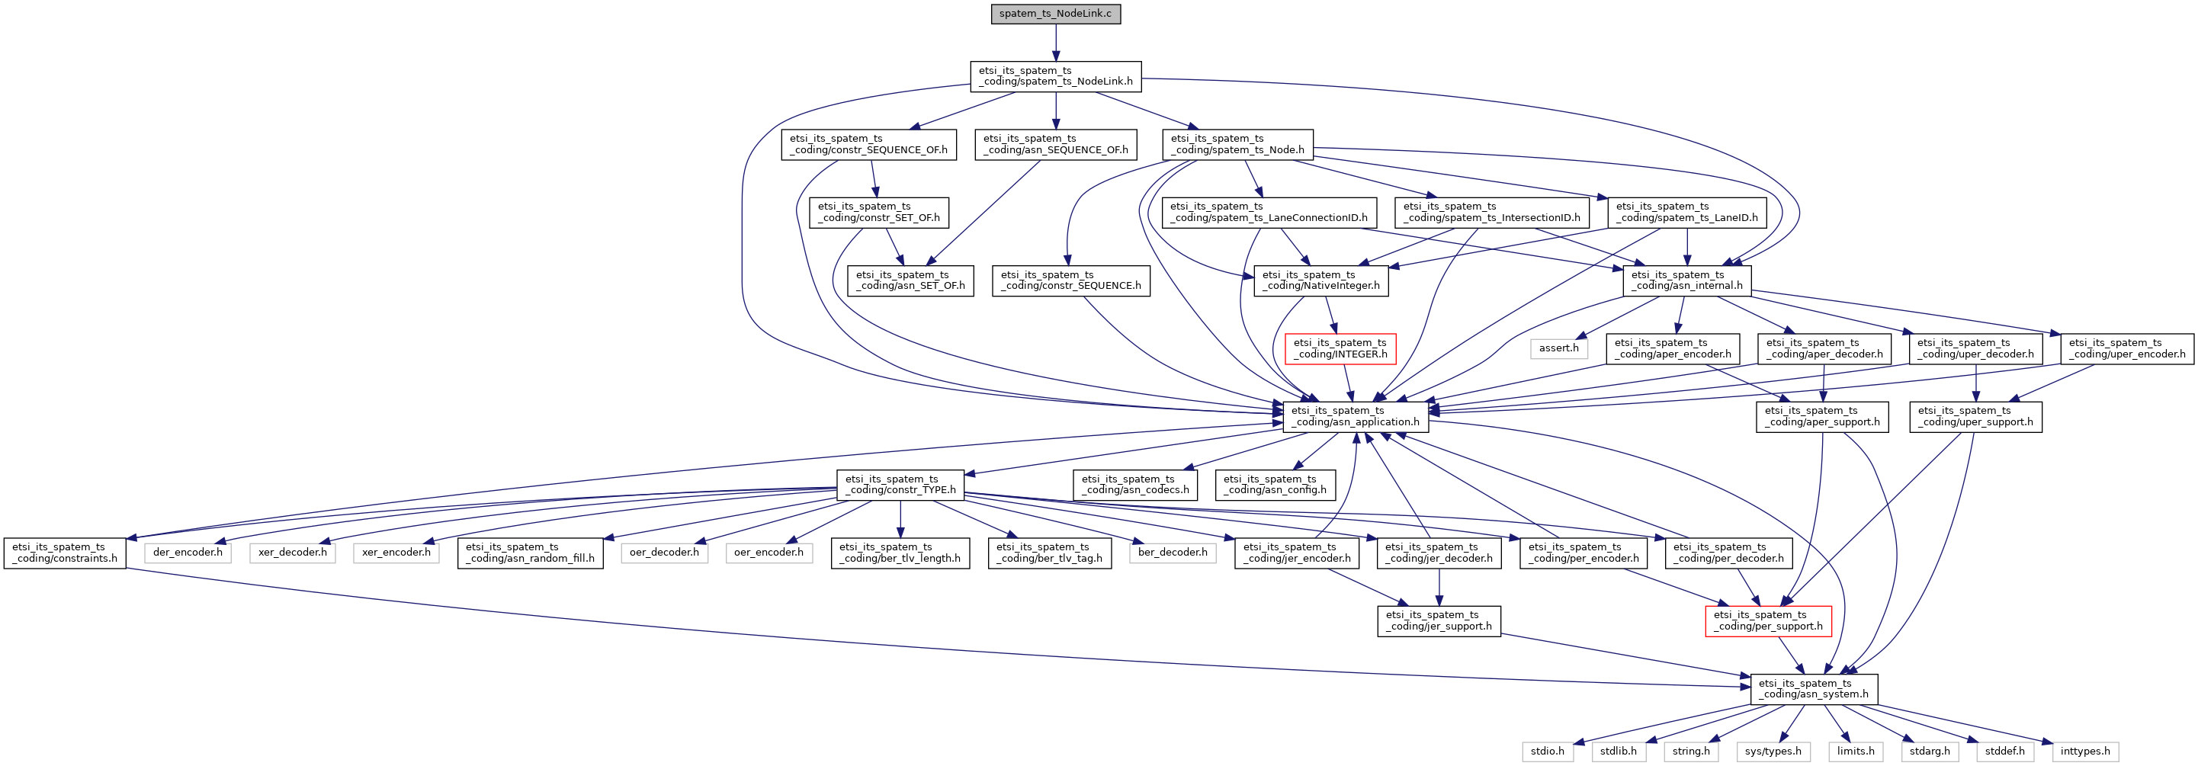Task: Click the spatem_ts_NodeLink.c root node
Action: coord(1055,14)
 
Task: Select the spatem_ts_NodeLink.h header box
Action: coord(1055,76)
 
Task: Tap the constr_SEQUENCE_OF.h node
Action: coord(868,144)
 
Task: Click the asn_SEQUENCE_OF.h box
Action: coord(1055,144)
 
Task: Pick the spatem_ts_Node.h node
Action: coord(1237,144)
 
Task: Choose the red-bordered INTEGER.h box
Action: coord(1340,349)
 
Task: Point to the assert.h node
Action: coord(1559,348)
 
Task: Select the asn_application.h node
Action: coord(1355,416)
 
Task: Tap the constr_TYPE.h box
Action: coord(900,485)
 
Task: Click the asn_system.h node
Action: coord(1813,689)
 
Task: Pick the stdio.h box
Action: coord(1547,752)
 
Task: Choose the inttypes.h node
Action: coord(2084,752)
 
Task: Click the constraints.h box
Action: coord(65,553)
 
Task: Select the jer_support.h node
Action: coord(1439,621)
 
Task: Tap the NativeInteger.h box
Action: coord(1320,280)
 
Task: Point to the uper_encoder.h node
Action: coord(2127,349)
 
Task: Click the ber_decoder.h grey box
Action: coord(1173,553)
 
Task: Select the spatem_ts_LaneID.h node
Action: coord(1687,213)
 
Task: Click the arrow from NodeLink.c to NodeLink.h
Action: coord(1055,43)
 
